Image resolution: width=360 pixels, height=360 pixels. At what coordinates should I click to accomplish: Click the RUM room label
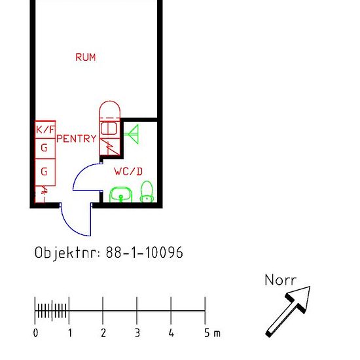click(86, 57)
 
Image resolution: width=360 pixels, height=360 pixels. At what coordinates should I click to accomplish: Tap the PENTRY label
click(77, 139)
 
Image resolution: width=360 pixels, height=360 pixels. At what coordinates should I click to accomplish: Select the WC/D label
click(128, 171)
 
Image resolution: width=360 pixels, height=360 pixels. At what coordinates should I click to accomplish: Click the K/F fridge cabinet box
click(45, 130)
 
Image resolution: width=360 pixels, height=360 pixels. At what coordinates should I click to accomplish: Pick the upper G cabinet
click(45, 149)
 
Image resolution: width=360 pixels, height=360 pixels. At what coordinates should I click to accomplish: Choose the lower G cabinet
click(45, 172)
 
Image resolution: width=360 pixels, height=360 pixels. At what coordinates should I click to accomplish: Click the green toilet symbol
click(147, 192)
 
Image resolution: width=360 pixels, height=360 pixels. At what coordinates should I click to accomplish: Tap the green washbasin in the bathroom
click(121, 195)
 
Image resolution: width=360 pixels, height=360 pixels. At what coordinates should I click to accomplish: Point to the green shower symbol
click(132, 134)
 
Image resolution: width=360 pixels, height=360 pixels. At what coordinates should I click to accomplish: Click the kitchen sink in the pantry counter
click(109, 128)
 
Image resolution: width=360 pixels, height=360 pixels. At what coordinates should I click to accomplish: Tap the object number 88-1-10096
click(145, 252)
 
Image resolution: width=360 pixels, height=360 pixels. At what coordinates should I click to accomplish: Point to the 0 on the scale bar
click(35, 333)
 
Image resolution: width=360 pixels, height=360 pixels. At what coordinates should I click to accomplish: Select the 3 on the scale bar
click(137, 333)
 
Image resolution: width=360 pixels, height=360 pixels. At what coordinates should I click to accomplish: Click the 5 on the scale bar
click(207, 333)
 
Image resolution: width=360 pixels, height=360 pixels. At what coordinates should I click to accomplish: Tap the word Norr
click(280, 280)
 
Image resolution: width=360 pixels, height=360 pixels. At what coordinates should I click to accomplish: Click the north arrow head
click(300, 298)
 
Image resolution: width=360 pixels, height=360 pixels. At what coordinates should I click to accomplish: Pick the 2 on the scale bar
click(103, 333)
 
